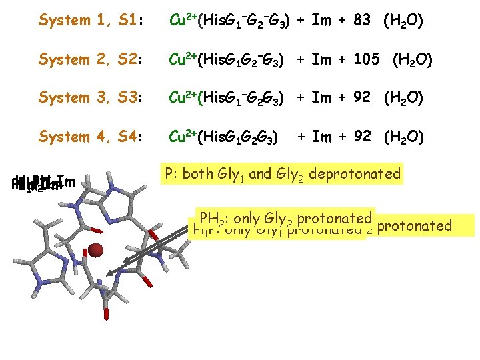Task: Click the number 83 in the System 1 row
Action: [x=362, y=21]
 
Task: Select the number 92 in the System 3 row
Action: [x=362, y=98]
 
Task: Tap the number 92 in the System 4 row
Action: [x=362, y=137]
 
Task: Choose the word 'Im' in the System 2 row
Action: [x=321, y=60]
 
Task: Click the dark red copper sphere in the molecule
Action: [x=96, y=250]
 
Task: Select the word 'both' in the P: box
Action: [x=198, y=175]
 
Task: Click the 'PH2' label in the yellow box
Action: [x=207, y=218]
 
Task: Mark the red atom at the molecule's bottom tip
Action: [x=107, y=313]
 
